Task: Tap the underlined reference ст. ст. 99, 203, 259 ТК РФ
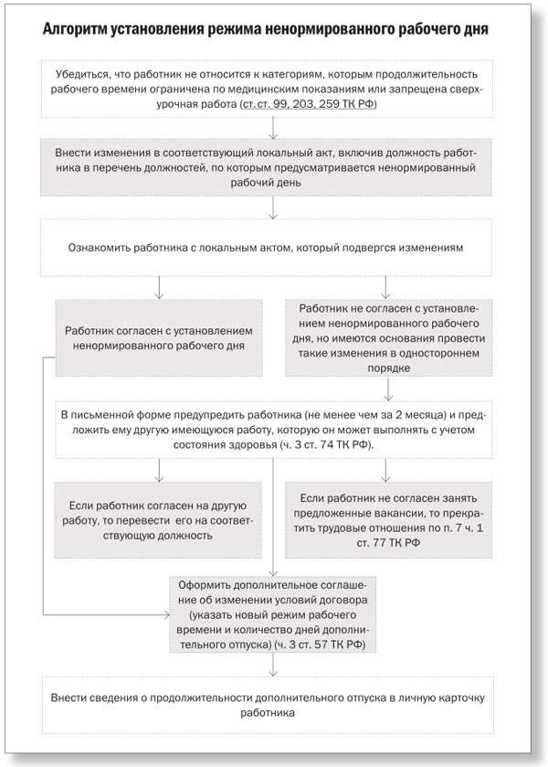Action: click(306, 106)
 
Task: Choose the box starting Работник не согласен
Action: click(389, 338)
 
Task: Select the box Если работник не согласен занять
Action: click(389, 520)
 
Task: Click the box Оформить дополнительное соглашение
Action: click(273, 612)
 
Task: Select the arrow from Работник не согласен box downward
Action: click(389, 389)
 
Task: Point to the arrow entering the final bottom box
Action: click(273, 667)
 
